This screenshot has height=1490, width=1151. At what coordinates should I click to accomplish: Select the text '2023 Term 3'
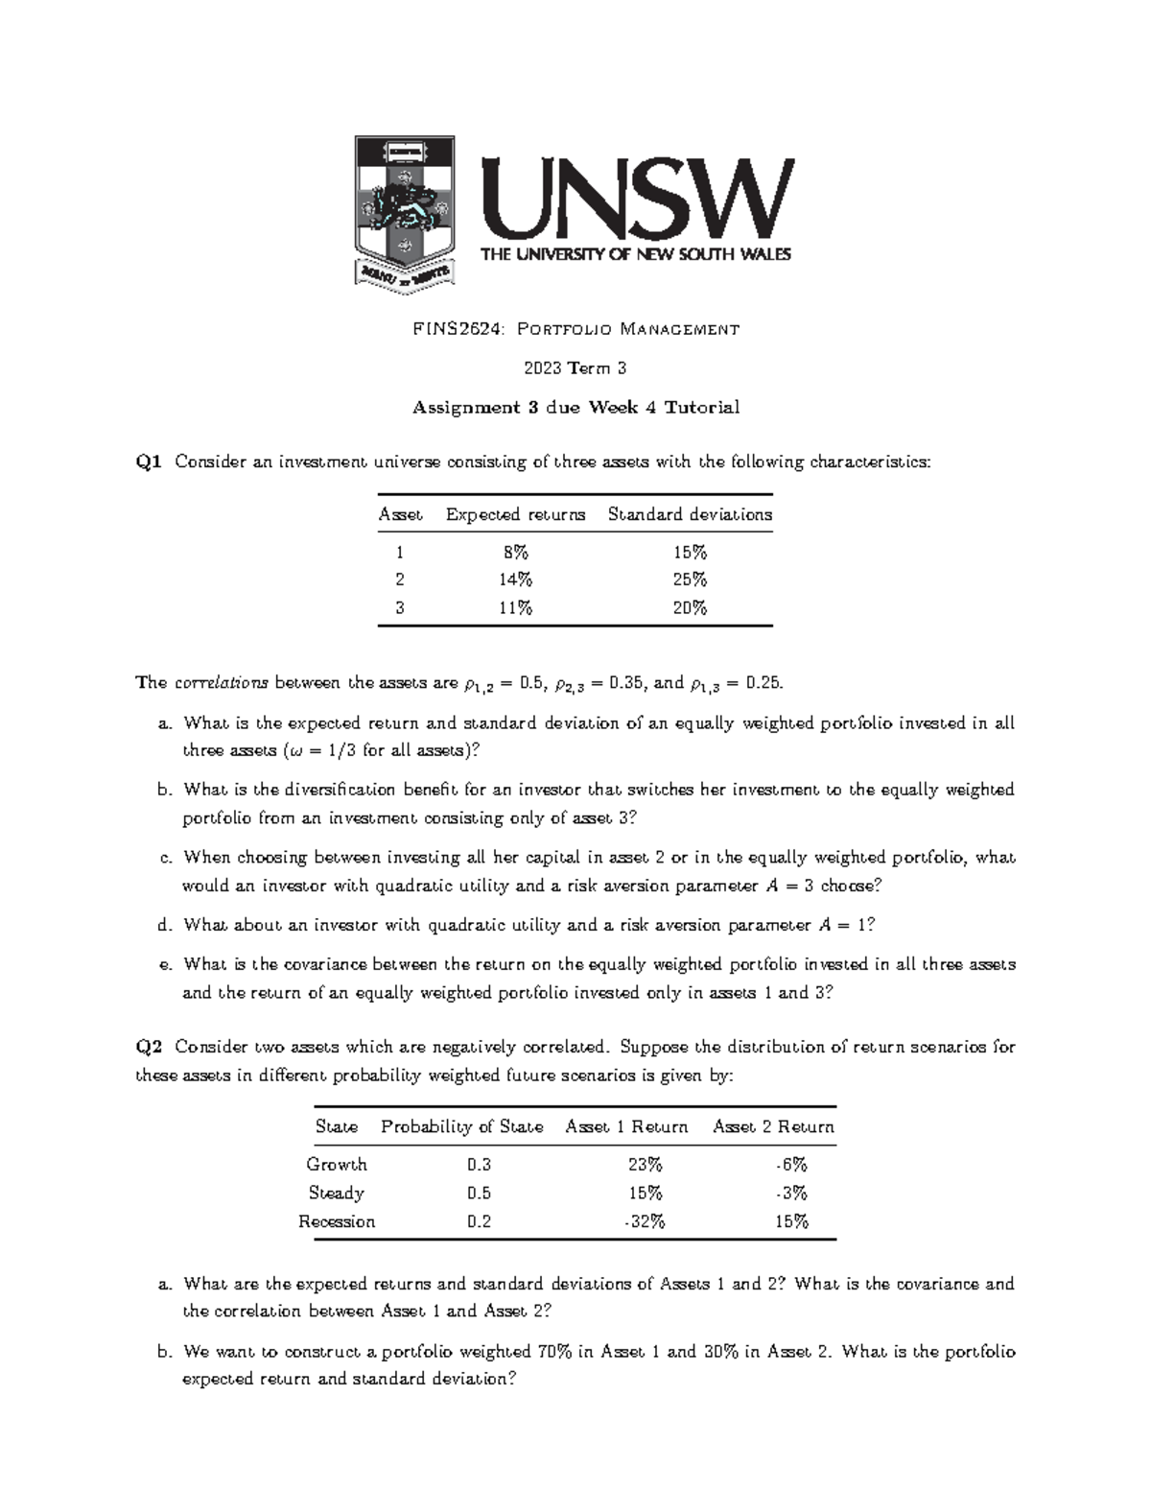575,368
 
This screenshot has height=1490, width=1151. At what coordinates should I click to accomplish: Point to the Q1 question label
149,462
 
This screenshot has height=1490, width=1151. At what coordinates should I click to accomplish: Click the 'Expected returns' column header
515,514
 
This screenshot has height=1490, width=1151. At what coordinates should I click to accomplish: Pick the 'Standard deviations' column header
690,514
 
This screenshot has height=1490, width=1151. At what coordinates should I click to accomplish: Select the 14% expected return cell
515,579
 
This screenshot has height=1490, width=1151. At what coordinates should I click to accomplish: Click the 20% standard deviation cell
690,607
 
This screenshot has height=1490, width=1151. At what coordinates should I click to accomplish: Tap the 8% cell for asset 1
515,552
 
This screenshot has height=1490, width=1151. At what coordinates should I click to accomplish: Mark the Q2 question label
149,1047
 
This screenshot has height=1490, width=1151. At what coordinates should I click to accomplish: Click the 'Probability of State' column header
461,1126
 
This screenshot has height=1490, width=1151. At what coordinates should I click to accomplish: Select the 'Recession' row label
337,1221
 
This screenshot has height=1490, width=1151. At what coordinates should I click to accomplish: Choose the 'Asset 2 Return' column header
773,1126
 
